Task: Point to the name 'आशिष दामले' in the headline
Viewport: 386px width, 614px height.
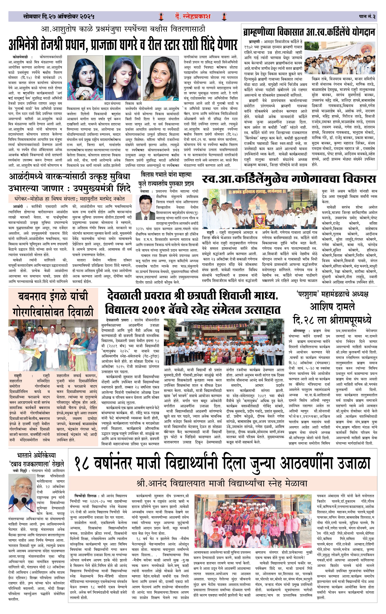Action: point(332,306)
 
